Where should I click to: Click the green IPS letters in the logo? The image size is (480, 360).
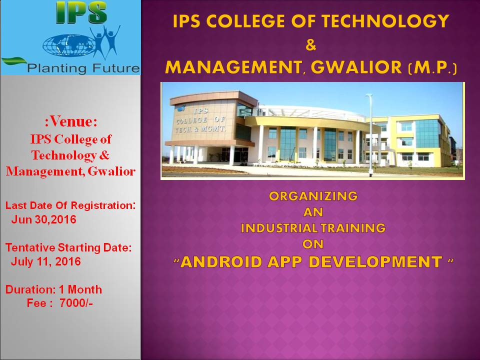pyautogui.click(x=81, y=13)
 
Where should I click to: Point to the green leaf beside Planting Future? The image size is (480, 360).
pyautogui.click(x=14, y=60)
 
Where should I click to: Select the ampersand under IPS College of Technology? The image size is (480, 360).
pyautogui.click(x=310, y=45)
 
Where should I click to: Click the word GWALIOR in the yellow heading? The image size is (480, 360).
pyautogui.click(x=356, y=67)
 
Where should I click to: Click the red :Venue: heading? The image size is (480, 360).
pyautogui.click(x=71, y=121)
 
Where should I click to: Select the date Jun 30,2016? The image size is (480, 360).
pyautogui.click(x=44, y=219)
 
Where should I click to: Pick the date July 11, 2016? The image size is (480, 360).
pyautogui.click(x=46, y=261)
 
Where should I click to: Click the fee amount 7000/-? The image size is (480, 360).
pyautogui.click(x=76, y=303)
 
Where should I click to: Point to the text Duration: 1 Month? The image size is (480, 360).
pyautogui.click(x=53, y=289)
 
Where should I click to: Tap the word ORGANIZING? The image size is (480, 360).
pyautogui.click(x=313, y=196)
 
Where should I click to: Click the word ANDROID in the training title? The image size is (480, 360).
pyautogui.click(x=221, y=262)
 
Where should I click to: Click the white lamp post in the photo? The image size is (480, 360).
pyautogui.click(x=370, y=135)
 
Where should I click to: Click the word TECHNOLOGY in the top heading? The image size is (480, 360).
pyautogui.click(x=385, y=21)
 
